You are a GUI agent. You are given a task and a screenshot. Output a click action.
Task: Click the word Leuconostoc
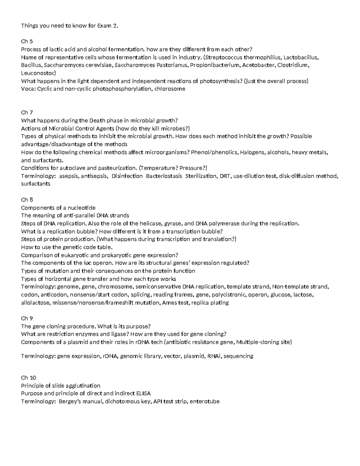38,73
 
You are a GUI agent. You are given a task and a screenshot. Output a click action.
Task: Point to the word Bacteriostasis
164,176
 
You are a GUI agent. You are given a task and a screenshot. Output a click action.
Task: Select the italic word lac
86,263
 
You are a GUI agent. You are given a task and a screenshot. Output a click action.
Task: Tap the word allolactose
35,303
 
